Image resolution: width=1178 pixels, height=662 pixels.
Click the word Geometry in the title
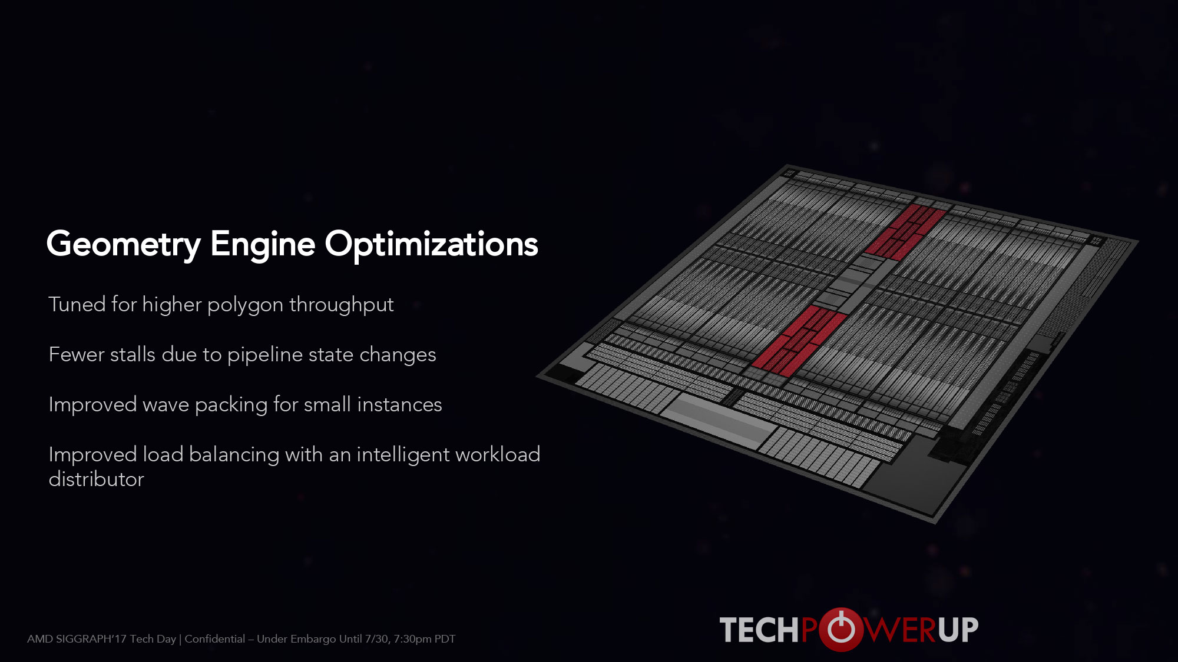pos(124,245)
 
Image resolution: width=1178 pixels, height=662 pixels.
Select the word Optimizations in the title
pos(431,245)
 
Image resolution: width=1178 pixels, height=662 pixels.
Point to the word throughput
pos(342,305)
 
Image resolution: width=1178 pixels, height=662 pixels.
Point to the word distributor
pos(96,480)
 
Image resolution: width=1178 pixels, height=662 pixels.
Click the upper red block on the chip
pos(905,232)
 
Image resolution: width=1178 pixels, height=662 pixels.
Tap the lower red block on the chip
pos(799,340)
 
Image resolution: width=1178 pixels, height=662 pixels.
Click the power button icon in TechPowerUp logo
pos(841,629)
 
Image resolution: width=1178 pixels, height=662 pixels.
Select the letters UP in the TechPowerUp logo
pos(958,630)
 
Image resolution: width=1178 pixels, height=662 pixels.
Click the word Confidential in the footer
pos(214,639)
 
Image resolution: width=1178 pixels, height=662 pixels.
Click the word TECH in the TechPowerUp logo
pos(760,630)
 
